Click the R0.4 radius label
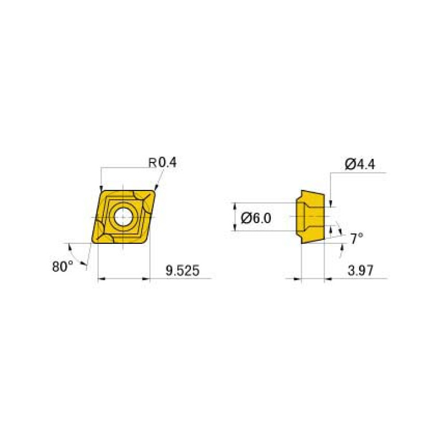163,163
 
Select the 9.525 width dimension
182,271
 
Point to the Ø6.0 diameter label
256,218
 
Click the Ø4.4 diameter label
360,165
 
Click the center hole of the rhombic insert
123,217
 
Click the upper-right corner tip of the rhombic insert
156,191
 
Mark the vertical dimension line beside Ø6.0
236,216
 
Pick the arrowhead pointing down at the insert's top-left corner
101,189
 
